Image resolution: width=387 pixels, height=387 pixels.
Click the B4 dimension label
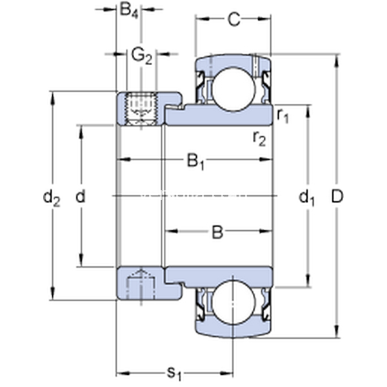tap(129, 10)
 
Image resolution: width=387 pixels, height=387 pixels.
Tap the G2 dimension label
tap(142, 57)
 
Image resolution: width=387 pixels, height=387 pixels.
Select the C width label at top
tap(233, 19)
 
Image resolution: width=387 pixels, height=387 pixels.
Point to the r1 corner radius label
tap(283, 115)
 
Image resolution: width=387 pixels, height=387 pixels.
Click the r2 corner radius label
tap(259, 139)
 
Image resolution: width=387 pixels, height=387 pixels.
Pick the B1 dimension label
tap(195, 162)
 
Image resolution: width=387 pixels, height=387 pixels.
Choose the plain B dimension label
tap(217, 232)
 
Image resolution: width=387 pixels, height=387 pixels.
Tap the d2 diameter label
tap(52, 198)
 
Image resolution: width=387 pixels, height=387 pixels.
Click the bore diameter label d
tap(81, 196)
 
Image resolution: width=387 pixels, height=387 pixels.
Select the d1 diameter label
tap(307, 198)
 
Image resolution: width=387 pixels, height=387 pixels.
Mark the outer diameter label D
tap(337, 197)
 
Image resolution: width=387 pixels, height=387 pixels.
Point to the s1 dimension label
tap(174, 373)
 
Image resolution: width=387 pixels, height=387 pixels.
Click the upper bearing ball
tap(233, 90)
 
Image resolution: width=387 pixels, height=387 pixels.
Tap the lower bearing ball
tap(233, 303)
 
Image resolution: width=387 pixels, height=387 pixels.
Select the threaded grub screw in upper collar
tap(141, 109)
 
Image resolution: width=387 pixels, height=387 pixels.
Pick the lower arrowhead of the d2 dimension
tap(53, 293)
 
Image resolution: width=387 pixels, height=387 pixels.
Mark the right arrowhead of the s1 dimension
tap(226, 373)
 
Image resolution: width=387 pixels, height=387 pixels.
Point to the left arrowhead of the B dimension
tap(171, 232)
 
